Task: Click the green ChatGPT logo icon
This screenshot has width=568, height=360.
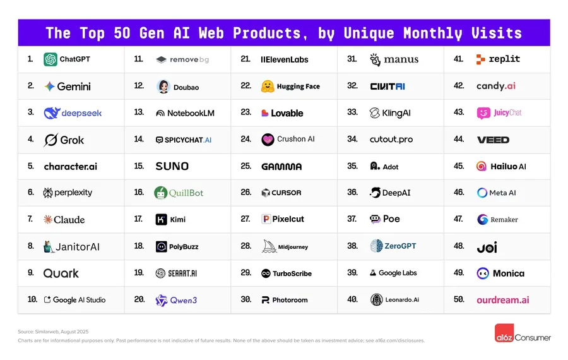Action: click(50, 59)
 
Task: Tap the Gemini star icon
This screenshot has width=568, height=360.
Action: click(49, 87)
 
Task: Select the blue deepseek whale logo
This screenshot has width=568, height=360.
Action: click(52, 113)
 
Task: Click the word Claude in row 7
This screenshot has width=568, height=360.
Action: click(69, 220)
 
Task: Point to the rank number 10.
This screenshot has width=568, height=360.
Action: click(32, 299)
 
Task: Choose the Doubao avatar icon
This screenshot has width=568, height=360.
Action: click(163, 87)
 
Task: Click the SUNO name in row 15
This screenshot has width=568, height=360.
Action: click(172, 166)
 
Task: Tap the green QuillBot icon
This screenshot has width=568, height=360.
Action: click(161, 193)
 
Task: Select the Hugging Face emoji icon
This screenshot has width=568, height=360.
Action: click(268, 87)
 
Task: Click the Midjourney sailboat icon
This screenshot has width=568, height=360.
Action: click(269, 246)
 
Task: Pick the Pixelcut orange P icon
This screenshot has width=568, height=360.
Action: click(266, 219)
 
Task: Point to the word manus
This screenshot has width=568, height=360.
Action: click(401, 60)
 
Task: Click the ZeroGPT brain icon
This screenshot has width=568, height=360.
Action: click(376, 246)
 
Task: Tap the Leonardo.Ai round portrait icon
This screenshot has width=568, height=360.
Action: click(377, 299)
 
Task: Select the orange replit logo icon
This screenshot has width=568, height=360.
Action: click(481, 59)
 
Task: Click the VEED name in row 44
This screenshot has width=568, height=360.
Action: click(493, 140)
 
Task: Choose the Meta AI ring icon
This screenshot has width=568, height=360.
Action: click(482, 193)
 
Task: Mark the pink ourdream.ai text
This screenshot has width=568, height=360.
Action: click(502, 299)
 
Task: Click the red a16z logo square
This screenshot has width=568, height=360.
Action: click(503, 333)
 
